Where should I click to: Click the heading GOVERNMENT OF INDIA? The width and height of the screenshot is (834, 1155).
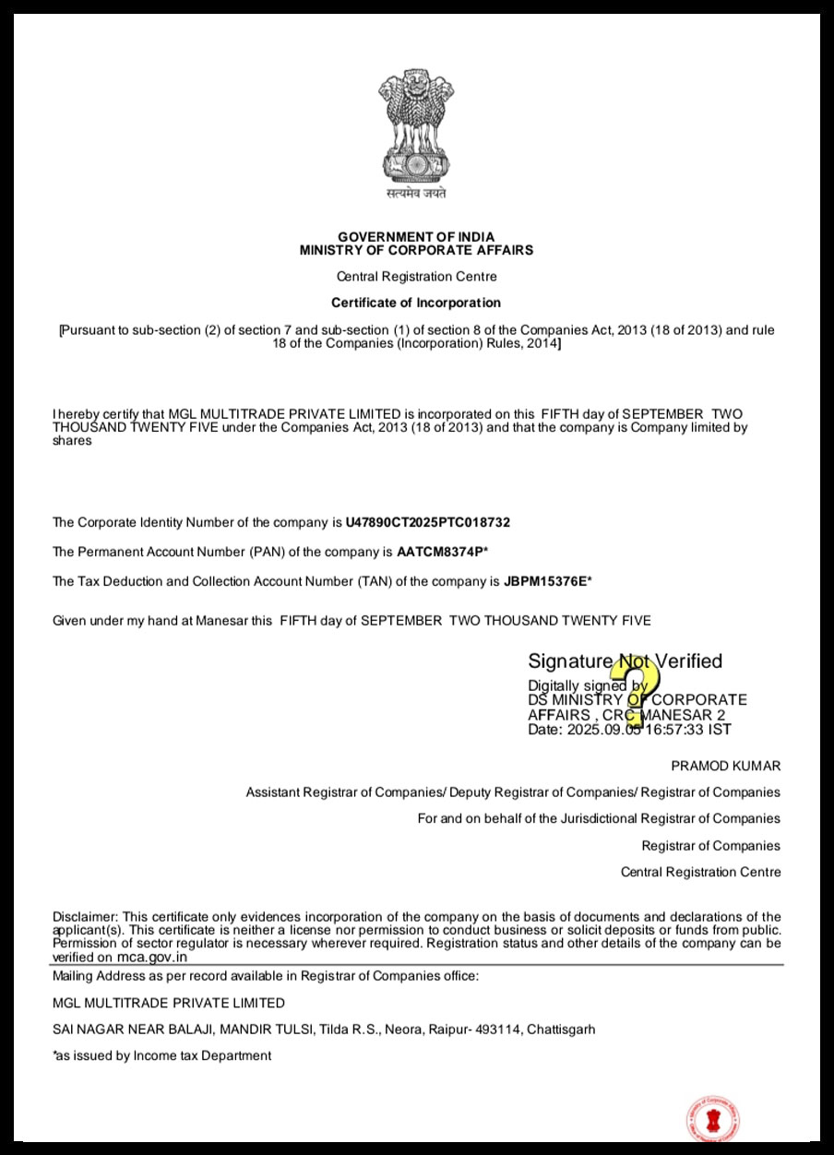[x=416, y=237]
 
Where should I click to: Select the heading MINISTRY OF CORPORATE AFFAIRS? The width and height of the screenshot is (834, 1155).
[x=416, y=250]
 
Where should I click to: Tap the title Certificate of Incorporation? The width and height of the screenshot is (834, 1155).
[x=416, y=303]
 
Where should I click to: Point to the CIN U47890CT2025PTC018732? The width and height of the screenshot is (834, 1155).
[x=427, y=522]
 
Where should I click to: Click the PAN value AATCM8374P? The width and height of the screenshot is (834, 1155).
[x=439, y=553]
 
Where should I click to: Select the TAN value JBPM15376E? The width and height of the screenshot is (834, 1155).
[x=544, y=581]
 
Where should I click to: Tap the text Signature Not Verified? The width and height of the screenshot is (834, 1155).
[x=625, y=661]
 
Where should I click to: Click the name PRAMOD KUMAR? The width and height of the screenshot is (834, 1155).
[x=725, y=766]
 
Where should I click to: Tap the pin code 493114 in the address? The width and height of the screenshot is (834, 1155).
[x=498, y=1030]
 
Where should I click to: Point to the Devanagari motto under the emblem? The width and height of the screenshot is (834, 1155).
[x=416, y=194]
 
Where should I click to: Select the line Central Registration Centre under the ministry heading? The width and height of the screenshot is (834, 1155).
[x=416, y=277]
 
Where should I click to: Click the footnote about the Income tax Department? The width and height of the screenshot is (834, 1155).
[x=162, y=1055]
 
